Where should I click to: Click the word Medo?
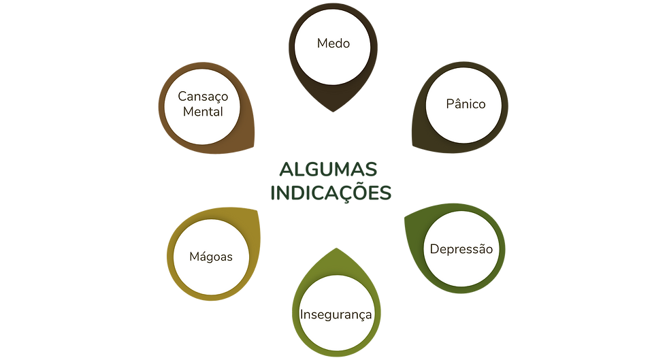pos(333,44)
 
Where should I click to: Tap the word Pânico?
pos(466,104)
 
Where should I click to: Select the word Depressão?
pos(461,249)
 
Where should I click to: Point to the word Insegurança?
pos(336,314)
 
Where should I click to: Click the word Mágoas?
pos(212,257)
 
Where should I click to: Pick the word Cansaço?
pos(203,97)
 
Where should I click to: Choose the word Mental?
pos(203,111)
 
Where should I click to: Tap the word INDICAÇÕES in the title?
pos(331,193)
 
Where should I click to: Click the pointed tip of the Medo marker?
pos(333,113)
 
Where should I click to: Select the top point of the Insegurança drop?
pos(333,247)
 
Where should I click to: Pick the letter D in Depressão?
pos(434,249)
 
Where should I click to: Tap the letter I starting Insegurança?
pos(302,314)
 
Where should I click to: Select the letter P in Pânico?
pos(450,104)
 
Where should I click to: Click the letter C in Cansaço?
pos(182,97)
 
